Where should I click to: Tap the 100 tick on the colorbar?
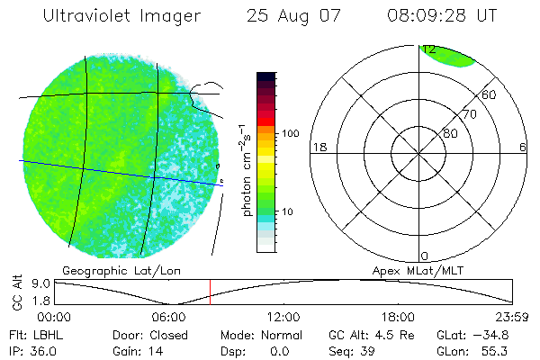[290, 133]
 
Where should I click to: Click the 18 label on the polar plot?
[318, 148]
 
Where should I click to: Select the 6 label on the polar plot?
[523, 148]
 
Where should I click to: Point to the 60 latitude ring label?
[490, 94]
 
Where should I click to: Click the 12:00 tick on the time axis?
[283, 317]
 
